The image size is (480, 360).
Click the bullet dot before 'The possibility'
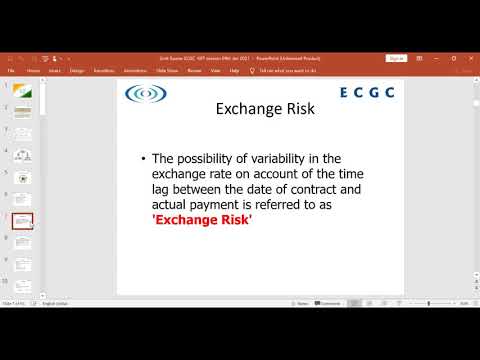point(144,159)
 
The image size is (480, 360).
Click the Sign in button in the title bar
point(396,58)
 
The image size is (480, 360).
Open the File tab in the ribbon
point(11,71)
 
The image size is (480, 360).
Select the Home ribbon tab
point(33,71)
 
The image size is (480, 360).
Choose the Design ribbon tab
point(77,71)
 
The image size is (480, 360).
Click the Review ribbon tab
point(194,71)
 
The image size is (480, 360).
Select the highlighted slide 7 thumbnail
point(22,221)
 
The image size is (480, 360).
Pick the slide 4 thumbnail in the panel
point(22,155)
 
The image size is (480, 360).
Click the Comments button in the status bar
point(329,303)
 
